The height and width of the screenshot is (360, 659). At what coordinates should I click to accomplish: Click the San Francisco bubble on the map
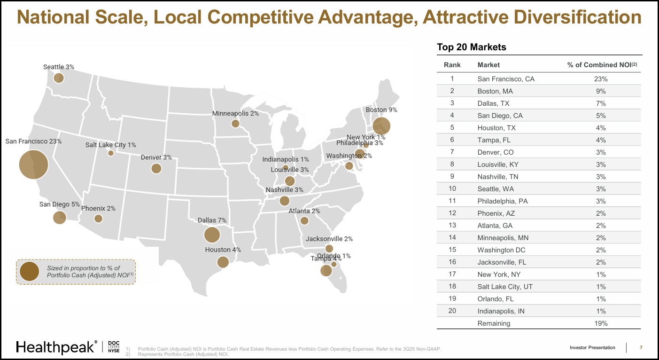[34, 164]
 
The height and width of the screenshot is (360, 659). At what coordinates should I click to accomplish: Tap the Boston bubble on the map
[381, 126]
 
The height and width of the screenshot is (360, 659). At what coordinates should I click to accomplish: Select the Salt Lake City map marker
[111, 153]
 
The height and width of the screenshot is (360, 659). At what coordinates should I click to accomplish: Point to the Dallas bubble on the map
[212, 235]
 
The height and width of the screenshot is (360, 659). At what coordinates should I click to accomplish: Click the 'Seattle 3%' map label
[59, 67]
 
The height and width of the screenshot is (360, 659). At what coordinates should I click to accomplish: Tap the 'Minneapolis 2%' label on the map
[235, 114]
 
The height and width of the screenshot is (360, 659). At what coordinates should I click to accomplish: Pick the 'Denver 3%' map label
[156, 157]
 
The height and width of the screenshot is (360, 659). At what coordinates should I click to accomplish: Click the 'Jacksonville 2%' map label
[329, 239]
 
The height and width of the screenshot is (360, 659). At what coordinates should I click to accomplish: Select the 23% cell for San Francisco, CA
[601, 79]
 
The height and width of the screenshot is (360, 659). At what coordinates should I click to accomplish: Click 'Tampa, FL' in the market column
[494, 140]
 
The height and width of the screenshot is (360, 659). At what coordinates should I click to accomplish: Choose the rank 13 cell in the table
[452, 226]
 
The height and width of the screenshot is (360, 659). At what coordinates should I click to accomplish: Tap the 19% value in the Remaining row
[601, 323]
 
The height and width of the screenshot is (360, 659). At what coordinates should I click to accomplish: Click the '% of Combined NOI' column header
[602, 65]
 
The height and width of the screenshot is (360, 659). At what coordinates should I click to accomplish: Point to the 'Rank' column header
[452, 65]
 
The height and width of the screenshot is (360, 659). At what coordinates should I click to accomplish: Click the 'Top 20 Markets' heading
[471, 47]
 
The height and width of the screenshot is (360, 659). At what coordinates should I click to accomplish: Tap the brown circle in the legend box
[30, 272]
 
